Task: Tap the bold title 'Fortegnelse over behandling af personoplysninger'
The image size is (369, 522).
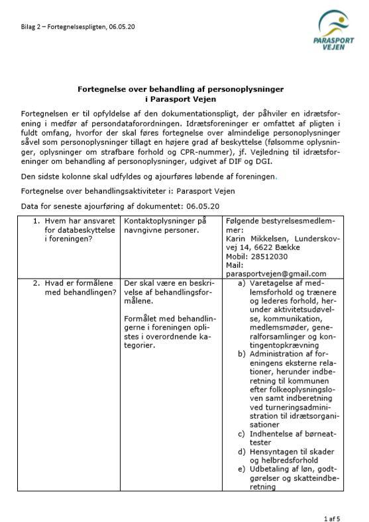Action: coord(181,88)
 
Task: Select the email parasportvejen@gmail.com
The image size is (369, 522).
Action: coord(276,273)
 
